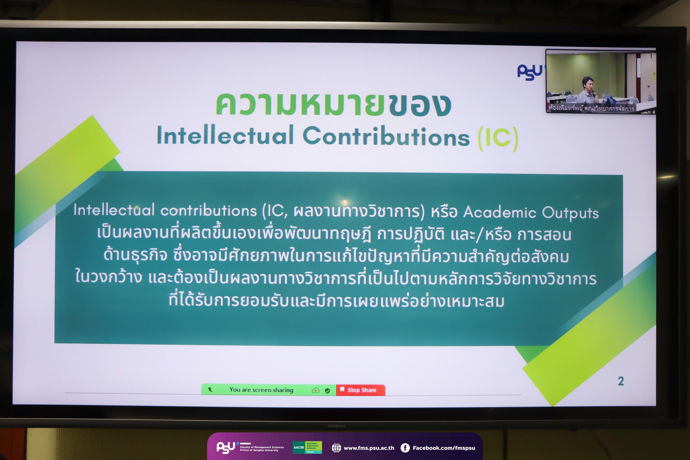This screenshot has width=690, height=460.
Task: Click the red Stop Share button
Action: (361, 390)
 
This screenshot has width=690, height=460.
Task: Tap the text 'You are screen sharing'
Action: (261, 390)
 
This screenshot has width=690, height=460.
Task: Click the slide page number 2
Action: (620, 381)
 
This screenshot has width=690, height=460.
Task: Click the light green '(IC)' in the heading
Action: (498, 139)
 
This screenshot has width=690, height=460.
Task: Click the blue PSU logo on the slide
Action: (530, 72)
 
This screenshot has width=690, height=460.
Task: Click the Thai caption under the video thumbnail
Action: (591, 108)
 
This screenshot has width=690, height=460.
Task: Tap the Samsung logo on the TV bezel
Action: (336, 426)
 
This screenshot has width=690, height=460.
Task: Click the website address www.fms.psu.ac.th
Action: (369, 448)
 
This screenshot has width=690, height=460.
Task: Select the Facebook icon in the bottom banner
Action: (405, 448)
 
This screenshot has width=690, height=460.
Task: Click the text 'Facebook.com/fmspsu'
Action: (444, 448)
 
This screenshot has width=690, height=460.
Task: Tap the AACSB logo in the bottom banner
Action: (307, 447)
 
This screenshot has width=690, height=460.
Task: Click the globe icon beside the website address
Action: (336, 448)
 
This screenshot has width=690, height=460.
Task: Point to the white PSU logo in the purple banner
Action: (226, 447)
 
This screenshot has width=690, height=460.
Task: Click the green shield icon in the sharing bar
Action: (327, 390)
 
